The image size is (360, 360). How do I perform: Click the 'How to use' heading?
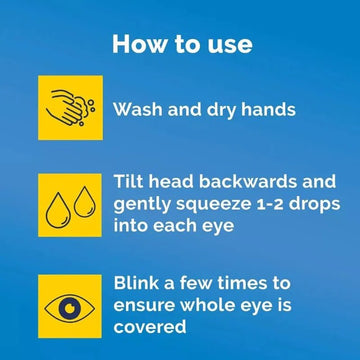tap(182, 44)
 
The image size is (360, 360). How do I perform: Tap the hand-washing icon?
tap(70, 108)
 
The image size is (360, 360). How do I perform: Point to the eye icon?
tap(70, 306)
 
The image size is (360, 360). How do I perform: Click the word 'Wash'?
tap(138, 109)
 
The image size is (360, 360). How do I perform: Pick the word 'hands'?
tap(268, 109)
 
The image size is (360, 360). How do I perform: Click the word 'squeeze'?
tap(214, 205)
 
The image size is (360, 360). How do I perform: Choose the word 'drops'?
tap(314, 205)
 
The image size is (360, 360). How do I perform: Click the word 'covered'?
tap(150, 327)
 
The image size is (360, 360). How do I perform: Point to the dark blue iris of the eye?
tap(70, 308)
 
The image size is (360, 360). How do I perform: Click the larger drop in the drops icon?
tap(58, 210)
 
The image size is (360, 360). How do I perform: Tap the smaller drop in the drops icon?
tap(85, 202)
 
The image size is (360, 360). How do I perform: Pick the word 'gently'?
tap(143, 205)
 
